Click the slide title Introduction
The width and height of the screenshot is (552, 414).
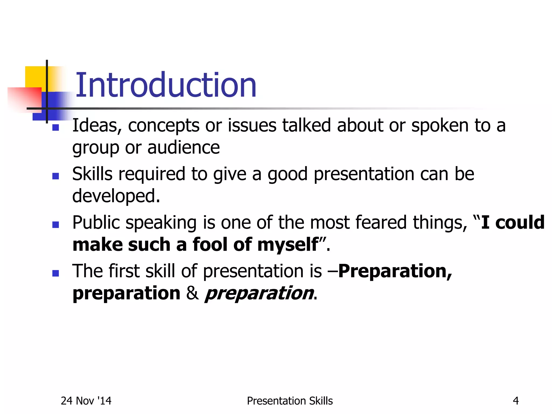pos(166,85)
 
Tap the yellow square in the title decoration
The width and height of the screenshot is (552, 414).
pos(35,77)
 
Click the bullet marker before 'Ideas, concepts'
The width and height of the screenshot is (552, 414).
pos(56,127)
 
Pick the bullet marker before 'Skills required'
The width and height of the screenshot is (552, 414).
pos(56,176)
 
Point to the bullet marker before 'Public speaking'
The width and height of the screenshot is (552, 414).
pos(56,225)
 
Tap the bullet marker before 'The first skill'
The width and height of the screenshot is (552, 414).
pos(56,273)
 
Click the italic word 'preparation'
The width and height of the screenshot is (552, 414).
pos(259,294)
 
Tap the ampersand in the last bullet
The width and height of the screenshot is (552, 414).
pos(192,293)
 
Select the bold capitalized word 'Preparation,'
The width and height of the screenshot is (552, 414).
pos(395,271)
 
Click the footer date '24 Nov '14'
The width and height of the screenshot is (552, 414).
pos(86,401)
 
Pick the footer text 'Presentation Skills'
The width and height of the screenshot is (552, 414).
pos(290,401)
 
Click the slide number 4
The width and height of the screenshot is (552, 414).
pos(516,401)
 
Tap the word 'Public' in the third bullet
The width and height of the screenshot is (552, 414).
pos(96,223)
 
